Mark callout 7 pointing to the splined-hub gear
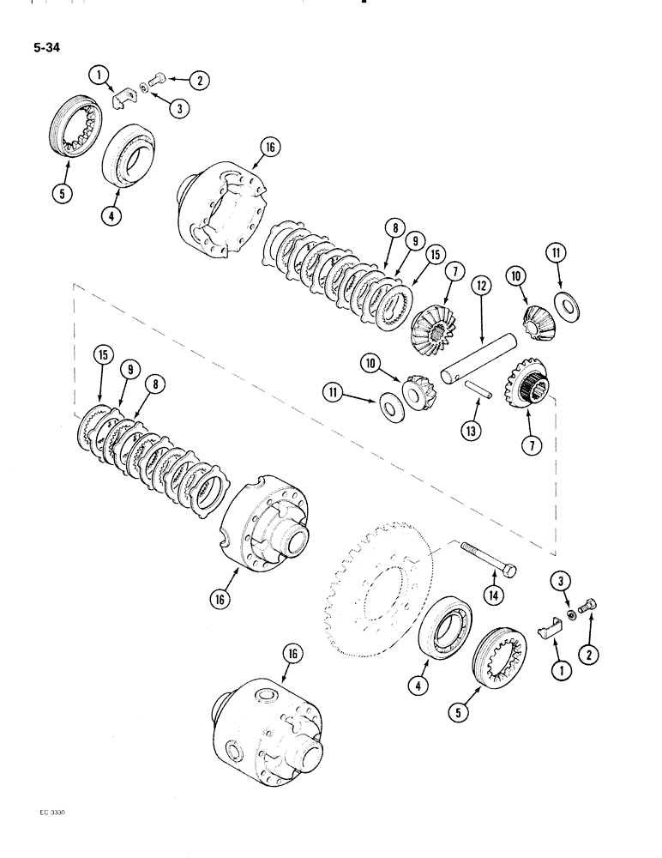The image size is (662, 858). point(527,444)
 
